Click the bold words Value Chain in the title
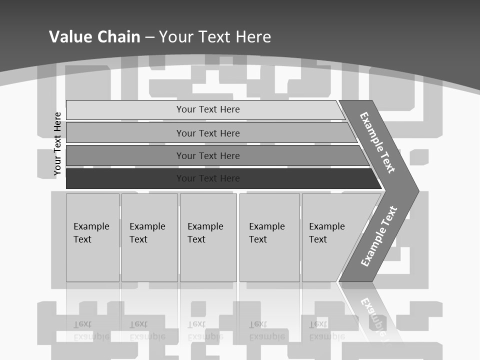pyautogui.click(x=94, y=37)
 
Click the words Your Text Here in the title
pyautogui.click(x=215, y=37)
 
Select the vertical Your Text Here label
pyautogui.click(x=57, y=144)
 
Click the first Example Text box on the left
pyautogui.click(x=92, y=237)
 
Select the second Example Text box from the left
pyautogui.click(x=149, y=237)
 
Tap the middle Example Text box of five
pyautogui.click(x=208, y=237)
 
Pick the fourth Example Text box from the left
pyautogui.click(x=269, y=237)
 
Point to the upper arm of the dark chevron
pyautogui.click(x=377, y=142)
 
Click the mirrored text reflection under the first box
pyautogui.click(x=91, y=330)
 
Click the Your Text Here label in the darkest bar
pyautogui.click(x=208, y=178)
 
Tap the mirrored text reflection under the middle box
pyautogui.click(x=205, y=330)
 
